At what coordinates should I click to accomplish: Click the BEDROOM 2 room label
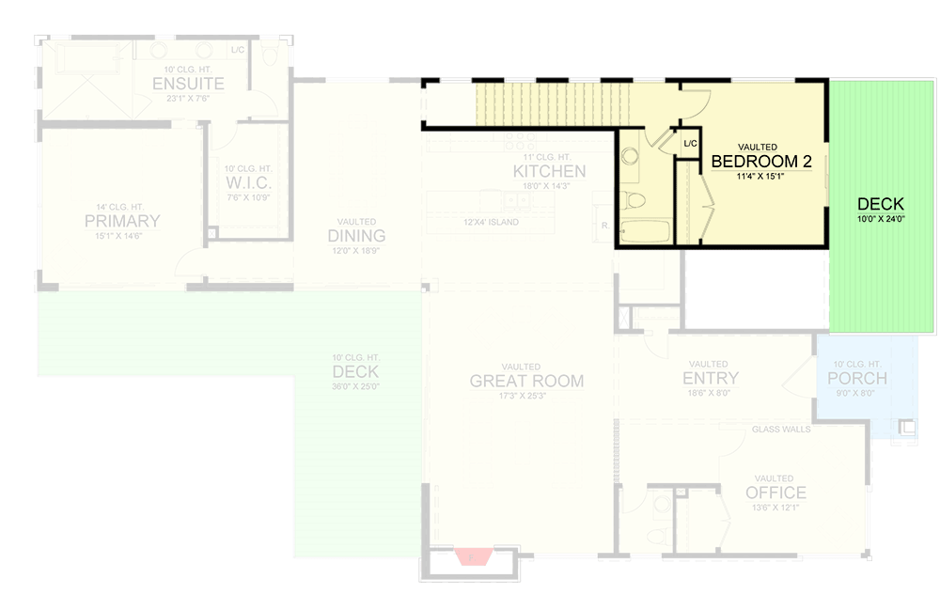761,162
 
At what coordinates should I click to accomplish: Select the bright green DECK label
881,204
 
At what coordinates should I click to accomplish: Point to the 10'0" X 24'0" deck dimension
881,219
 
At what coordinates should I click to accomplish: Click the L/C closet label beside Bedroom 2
691,144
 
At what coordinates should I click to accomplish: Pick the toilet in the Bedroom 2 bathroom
636,199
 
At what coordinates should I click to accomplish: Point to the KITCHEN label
549,171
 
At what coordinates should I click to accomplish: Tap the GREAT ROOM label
526,381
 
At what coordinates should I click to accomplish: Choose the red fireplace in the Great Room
473,556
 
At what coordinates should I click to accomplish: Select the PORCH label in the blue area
856,378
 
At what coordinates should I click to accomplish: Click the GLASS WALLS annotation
781,430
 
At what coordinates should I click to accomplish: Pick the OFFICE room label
775,493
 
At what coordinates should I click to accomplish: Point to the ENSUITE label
188,85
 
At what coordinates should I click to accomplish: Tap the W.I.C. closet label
248,181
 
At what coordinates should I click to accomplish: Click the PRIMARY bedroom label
122,222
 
